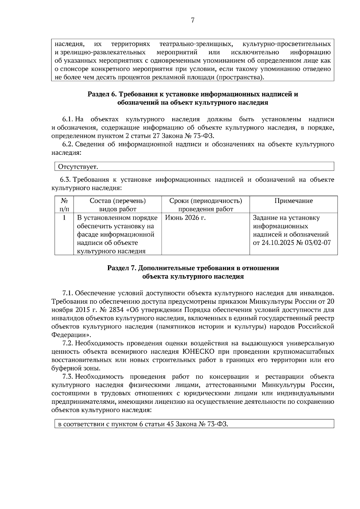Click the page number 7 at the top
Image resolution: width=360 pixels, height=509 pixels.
click(x=193, y=21)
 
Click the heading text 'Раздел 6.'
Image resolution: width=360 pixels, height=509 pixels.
click(x=102, y=94)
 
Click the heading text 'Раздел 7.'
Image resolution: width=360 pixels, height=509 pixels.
click(x=122, y=268)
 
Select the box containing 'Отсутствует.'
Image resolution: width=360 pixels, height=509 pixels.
click(x=194, y=166)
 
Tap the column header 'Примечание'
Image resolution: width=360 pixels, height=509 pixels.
click(x=293, y=201)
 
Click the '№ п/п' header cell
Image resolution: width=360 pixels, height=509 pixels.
click(x=64, y=205)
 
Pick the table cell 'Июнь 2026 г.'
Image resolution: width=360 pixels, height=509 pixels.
click(x=185, y=218)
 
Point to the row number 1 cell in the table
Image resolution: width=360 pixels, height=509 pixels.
click(x=64, y=218)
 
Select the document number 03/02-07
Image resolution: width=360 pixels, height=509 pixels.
click(x=318, y=243)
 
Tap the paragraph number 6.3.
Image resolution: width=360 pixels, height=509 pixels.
click(x=65, y=180)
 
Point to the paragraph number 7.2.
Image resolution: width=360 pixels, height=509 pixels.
click(x=67, y=343)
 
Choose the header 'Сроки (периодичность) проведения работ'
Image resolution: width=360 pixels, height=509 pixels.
click(x=205, y=205)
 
